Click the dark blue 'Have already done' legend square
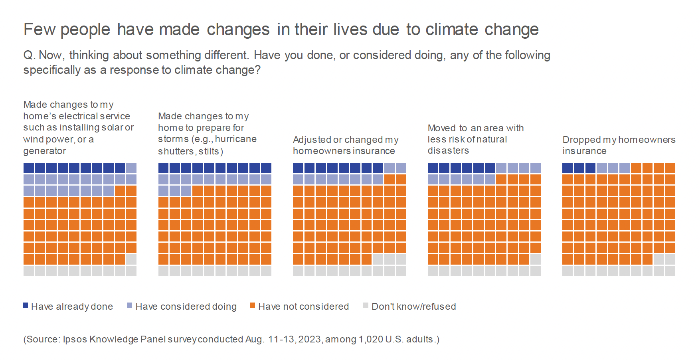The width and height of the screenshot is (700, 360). [x=26, y=305]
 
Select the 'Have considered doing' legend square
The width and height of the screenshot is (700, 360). [x=129, y=305]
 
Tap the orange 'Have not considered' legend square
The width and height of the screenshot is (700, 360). [x=252, y=305]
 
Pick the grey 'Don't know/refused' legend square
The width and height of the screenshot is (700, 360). [x=366, y=305]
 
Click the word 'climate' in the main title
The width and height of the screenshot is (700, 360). [x=451, y=30]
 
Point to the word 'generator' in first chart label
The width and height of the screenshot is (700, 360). [x=45, y=151]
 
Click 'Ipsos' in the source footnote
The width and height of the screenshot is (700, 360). [x=75, y=339]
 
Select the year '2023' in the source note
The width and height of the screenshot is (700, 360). [x=310, y=339]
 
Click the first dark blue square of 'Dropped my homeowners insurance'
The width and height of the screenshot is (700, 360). [x=568, y=168]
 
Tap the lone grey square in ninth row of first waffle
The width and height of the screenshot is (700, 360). [x=131, y=259]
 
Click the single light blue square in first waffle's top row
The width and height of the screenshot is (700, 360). [x=131, y=168]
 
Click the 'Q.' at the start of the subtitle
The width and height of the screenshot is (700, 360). [x=29, y=55]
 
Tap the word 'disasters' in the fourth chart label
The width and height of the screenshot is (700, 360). [x=448, y=150]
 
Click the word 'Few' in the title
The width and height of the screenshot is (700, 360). [x=39, y=30]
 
